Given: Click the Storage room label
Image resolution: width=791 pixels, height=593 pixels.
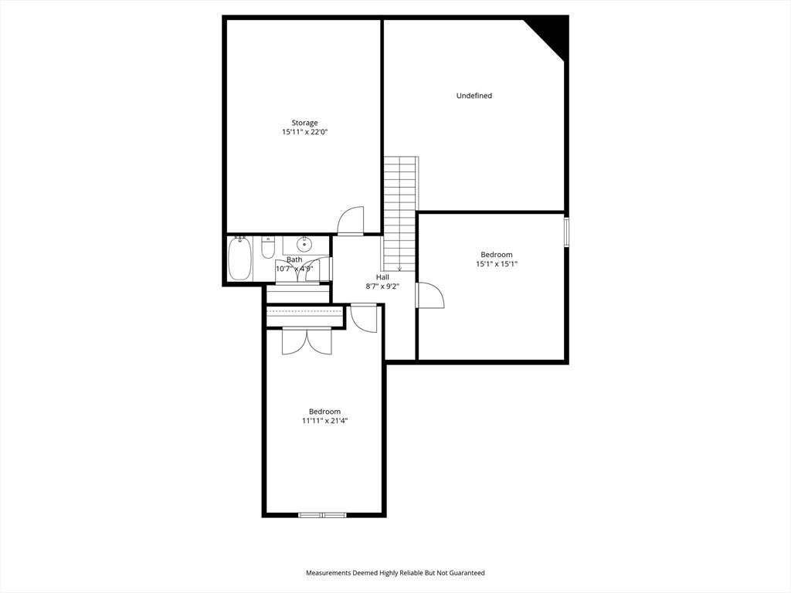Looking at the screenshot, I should pyautogui.click(x=304, y=123).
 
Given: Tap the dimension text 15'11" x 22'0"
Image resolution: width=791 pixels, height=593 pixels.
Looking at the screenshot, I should pyautogui.click(x=304, y=133).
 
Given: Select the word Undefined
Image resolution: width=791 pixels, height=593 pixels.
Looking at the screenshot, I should pyautogui.click(x=474, y=96).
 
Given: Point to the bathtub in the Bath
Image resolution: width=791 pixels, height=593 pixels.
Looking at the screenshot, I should pyautogui.click(x=239, y=259).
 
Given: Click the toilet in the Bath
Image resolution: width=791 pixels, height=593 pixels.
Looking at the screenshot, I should pyautogui.click(x=268, y=248).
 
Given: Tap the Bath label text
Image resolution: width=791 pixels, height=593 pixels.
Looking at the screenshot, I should pyautogui.click(x=294, y=259).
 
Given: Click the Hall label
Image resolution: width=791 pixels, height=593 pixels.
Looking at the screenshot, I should pyautogui.click(x=382, y=277).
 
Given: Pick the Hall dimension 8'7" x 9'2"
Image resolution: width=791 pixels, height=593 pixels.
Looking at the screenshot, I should pyautogui.click(x=382, y=286).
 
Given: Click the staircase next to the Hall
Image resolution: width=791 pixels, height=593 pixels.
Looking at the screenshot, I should pyautogui.click(x=400, y=208).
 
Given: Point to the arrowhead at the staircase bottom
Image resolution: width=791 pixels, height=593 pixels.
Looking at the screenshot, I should pyautogui.click(x=400, y=268).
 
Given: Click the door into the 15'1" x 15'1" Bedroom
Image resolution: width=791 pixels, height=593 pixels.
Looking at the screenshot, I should pyautogui.click(x=430, y=296).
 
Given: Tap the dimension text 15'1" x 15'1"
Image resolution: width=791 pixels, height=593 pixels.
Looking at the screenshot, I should pyautogui.click(x=496, y=264).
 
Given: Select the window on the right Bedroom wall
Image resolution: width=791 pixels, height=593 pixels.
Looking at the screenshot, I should pyautogui.click(x=566, y=232).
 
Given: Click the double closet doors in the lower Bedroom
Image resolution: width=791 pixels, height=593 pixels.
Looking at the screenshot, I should pyautogui.click(x=307, y=341).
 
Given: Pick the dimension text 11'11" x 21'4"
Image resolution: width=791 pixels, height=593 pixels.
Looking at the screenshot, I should pyautogui.click(x=324, y=422).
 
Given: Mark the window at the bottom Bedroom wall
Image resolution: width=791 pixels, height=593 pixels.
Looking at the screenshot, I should pyautogui.click(x=323, y=514).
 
